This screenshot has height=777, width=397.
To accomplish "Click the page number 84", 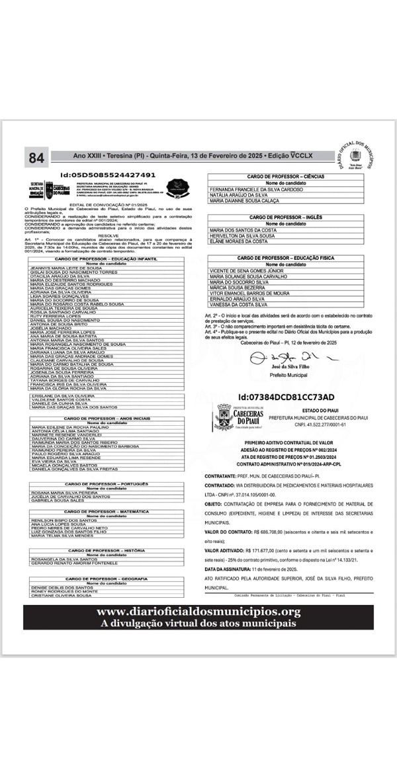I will click(x=36, y=157).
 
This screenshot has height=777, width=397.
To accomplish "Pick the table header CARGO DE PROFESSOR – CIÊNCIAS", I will click(x=285, y=177).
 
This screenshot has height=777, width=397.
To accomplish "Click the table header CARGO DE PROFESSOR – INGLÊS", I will click(x=285, y=217).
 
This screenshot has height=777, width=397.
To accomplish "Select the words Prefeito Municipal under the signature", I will click(x=288, y=374).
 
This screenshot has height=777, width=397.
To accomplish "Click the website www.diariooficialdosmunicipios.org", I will click(x=198, y=612).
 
